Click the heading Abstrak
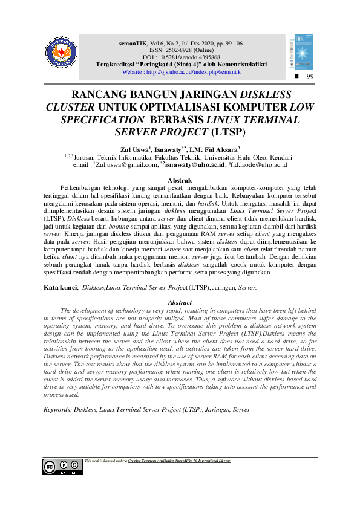180,180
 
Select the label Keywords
57,409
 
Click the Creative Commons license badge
62,467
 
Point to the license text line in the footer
157,461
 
